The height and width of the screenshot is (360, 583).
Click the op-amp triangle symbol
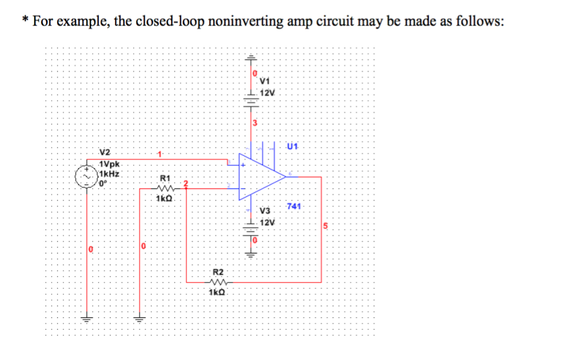coord(261,176)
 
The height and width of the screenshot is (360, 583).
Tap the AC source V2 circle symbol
coord(87,175)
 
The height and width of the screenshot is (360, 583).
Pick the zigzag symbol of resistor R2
coord(216,283)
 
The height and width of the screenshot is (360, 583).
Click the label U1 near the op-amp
coord(291,147)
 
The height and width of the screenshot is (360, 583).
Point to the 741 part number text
coord(295,207)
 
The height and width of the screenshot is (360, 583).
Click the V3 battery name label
coord(265,211)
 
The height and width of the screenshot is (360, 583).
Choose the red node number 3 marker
coord(254,123)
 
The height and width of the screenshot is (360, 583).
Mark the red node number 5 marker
coord(324,227)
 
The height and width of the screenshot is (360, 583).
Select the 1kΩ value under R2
coord(216,292)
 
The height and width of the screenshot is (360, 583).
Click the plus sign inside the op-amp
coord(243,165)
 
